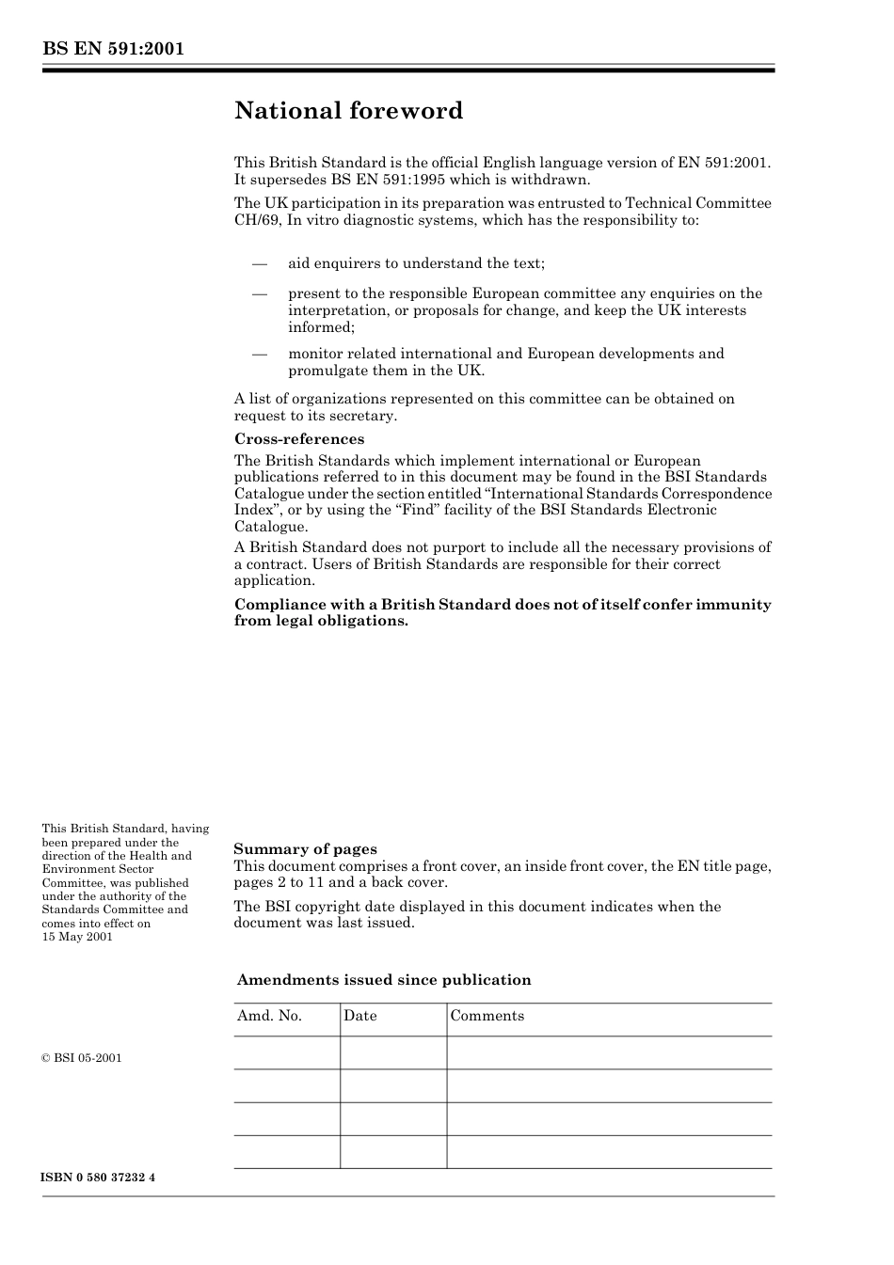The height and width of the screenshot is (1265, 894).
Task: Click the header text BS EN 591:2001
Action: (x=112, y=49)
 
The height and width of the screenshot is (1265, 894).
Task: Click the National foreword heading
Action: (x=348, y=111)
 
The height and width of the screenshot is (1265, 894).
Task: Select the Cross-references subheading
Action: (x=298, y=439)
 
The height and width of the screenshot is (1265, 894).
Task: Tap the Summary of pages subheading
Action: (x=305, y=849)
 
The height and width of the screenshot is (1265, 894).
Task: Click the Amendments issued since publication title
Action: (x=384, y=980)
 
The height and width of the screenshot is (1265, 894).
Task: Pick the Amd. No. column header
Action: (x=269, y=1016)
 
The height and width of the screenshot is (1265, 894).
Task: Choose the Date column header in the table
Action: (x=359, y=1016)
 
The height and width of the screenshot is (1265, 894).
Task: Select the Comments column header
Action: (x=487, y=1016)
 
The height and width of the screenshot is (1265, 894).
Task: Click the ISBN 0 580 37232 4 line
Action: (x=98, y=1178)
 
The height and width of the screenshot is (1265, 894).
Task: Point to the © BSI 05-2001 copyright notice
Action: (x=82, y=1058)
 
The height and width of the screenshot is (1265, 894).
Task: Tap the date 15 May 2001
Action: (x=77, y=937)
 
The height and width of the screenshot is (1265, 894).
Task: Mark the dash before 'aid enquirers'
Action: (x=260, y=263)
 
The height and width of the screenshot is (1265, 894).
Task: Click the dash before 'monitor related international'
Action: (x=260, y=354)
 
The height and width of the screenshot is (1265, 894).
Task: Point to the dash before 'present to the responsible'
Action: (x=260, y=293)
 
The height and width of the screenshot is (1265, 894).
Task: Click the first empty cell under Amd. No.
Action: (x=286, y=1052)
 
